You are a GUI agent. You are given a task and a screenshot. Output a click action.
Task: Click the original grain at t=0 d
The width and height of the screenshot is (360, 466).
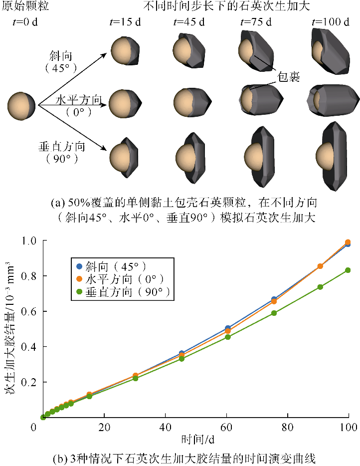[x=21, y=105]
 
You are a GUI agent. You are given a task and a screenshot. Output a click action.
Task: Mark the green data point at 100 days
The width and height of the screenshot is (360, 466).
[x=348, y=270]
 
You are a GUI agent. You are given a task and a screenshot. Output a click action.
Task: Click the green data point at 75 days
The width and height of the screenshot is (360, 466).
[x=274, y=313]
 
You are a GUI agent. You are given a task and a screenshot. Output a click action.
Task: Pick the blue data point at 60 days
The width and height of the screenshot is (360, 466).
[x=228, y=328]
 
